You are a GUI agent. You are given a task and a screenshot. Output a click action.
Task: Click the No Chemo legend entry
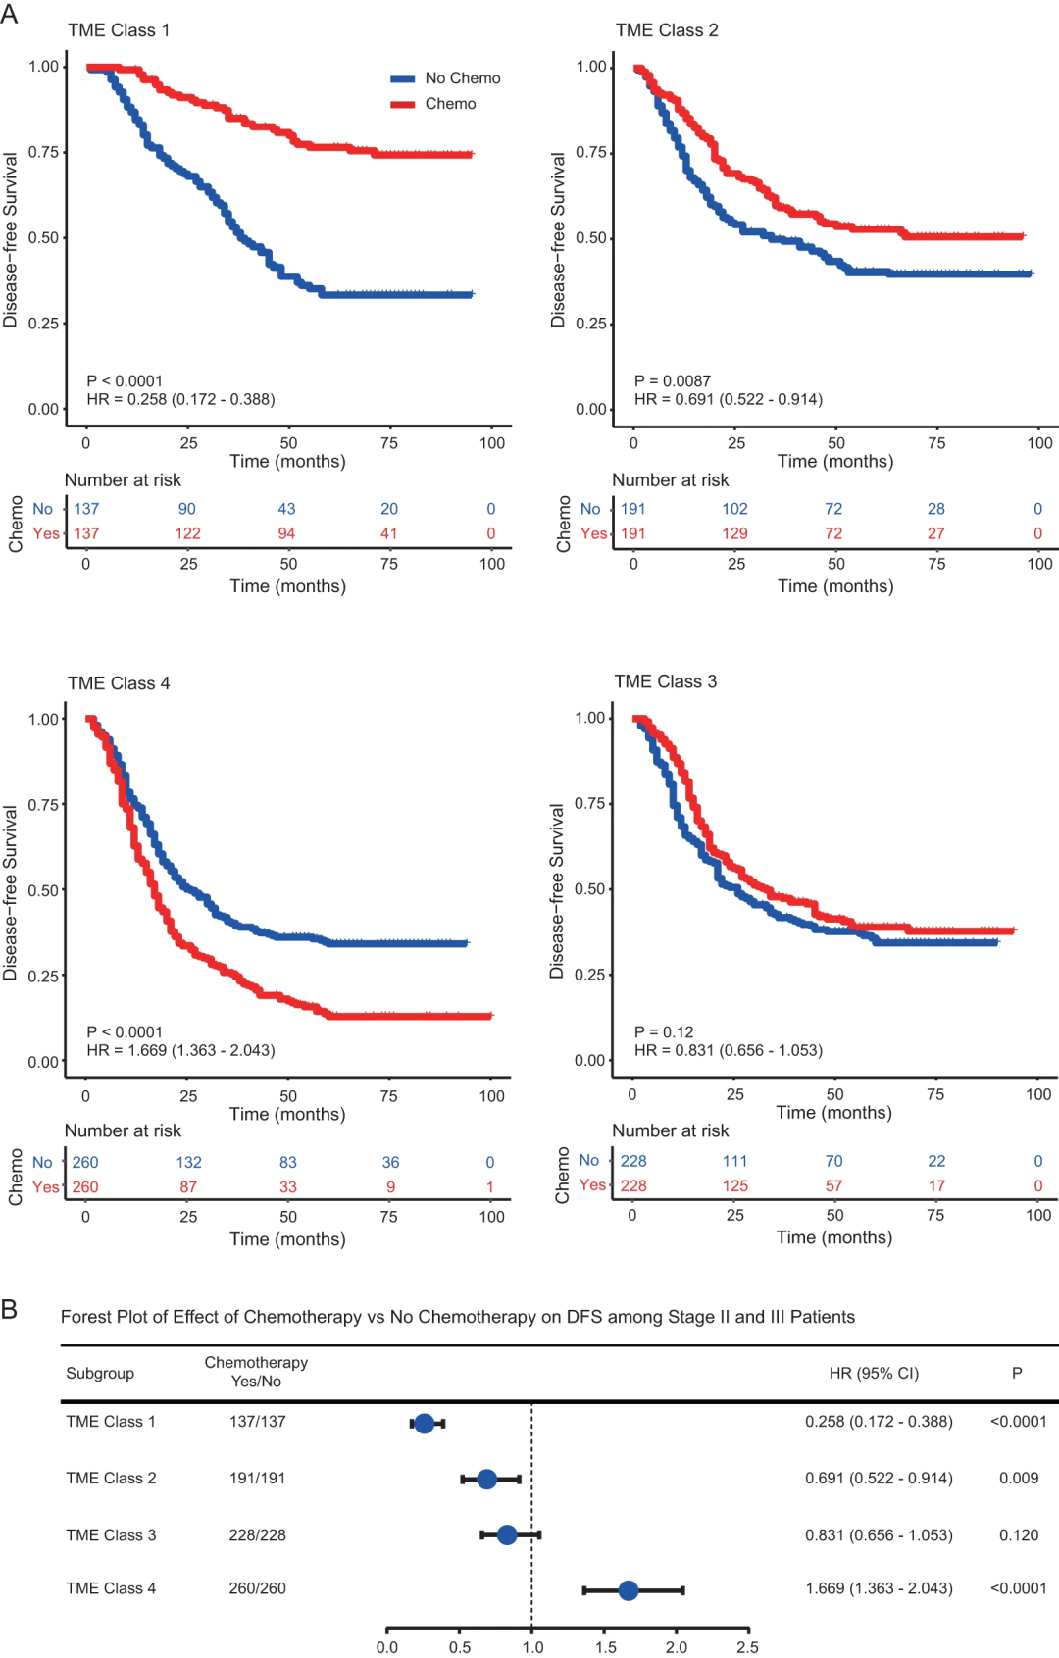point(446,78)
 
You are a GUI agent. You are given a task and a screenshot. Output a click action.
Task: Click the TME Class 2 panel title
point(667,30)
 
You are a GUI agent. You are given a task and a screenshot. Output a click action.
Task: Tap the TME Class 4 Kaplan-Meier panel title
point(119,683)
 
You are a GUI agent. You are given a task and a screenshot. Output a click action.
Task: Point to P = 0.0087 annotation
point(673,380)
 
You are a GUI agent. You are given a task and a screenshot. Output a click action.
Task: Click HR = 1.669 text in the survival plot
point(180,1050)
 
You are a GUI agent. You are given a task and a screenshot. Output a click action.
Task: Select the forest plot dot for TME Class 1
point(424,1423)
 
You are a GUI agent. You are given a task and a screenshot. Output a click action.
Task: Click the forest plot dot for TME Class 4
point(629,1590)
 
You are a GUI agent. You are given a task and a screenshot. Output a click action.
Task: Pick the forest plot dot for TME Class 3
point(507,1534)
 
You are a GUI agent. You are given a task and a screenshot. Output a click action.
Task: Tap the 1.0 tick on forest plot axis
point(532,1647)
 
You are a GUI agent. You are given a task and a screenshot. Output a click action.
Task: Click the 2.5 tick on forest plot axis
point(747,1647)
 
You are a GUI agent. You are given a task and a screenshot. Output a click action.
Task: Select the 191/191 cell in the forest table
point(257,1478)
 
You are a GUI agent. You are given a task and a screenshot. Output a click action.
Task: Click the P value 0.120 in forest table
point(1019,1534)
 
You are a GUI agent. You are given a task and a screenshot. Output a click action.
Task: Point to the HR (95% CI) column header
point(874,1373)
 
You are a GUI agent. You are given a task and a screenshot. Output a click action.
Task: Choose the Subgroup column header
point(100,1373)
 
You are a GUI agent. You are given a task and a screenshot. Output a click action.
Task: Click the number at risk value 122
point(187,533)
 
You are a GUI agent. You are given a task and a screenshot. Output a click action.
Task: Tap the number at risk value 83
point(287,1162)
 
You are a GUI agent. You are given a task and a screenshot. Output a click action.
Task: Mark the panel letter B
point(10,1309)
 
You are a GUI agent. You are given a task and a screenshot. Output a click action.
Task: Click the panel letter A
point(10,15)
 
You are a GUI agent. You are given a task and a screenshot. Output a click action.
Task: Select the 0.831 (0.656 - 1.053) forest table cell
point(879,1534)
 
